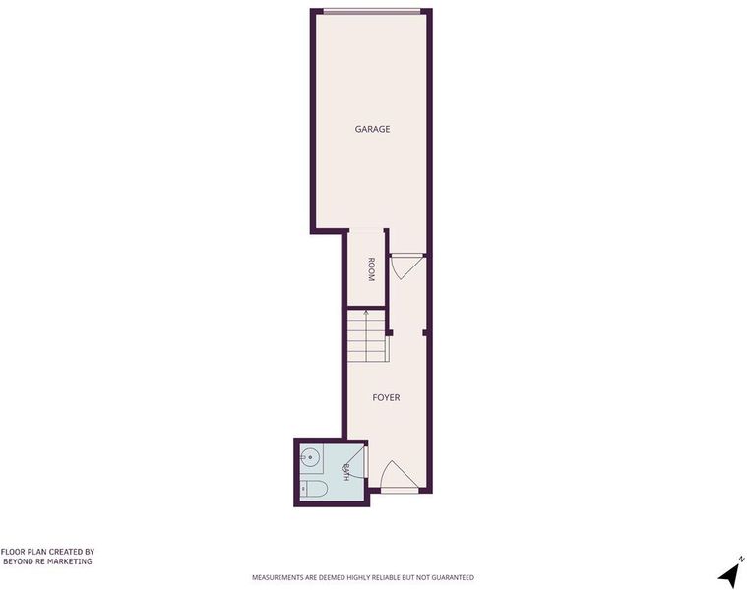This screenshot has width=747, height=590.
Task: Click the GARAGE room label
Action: pos(373,129)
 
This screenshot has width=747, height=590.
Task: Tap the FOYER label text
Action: pos(386,397)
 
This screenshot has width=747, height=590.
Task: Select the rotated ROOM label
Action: pos(371,269)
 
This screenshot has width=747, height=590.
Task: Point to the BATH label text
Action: pos(346,472)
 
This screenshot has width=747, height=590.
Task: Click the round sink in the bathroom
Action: pos(311,458)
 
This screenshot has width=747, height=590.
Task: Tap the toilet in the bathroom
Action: pos(314,488)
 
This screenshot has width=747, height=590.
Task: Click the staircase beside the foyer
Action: pos(366,335)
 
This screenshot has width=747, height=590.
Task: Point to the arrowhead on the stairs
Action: pos(366,313)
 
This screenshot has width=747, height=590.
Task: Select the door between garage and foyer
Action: pos(405,265)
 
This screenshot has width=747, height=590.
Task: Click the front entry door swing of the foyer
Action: pos(400,475)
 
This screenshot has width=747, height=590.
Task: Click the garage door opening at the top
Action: pos(372,11)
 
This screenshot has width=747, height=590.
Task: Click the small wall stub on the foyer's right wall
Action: pos(424,333)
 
